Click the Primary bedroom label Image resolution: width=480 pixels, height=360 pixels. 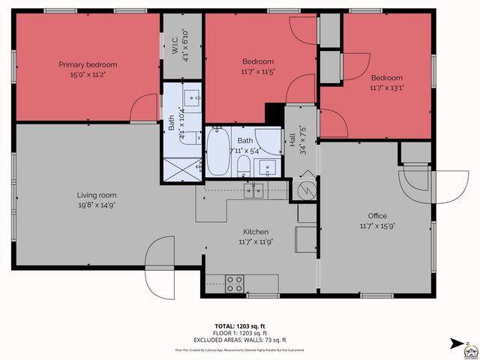88,64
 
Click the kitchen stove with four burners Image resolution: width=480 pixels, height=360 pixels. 235,283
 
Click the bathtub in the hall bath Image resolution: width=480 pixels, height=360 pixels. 219,152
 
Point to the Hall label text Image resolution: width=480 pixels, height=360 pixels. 292,140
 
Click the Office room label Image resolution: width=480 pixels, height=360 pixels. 377,215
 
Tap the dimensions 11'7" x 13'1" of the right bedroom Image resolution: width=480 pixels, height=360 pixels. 387,88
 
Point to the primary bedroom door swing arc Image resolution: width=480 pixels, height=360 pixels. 142,111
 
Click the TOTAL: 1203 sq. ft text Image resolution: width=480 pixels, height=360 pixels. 240,326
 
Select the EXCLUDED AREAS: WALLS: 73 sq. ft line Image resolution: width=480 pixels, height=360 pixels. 240,339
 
